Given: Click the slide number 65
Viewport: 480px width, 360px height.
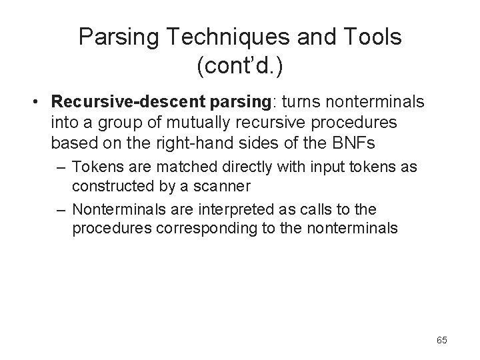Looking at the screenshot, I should (441, 341).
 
